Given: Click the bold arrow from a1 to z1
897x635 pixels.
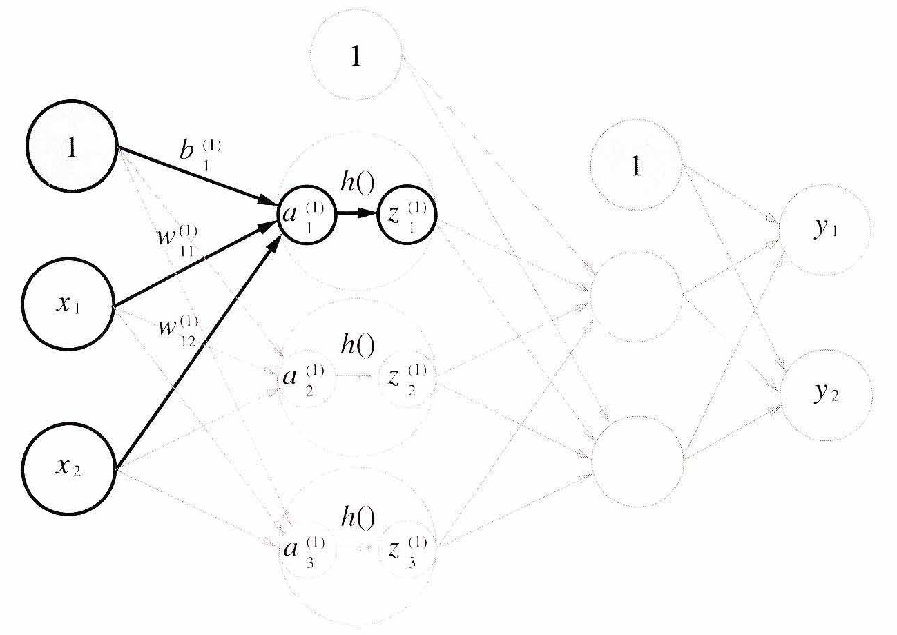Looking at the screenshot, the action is (x=357, y=213).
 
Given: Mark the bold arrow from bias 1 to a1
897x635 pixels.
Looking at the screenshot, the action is (x=197, y=176).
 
